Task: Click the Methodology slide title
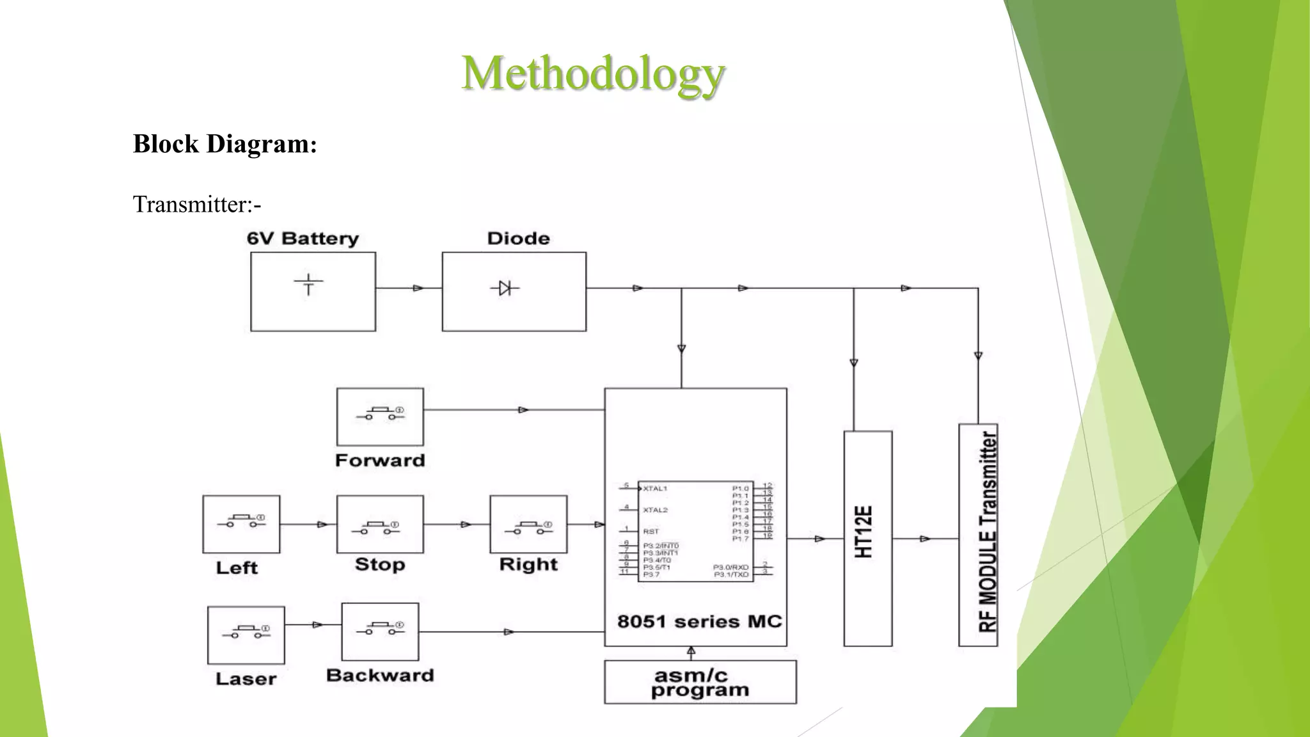(593, 74)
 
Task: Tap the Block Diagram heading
(225, 144)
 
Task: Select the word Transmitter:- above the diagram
(197, 205)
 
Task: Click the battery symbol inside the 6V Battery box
(308, 284)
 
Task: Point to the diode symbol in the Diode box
(505, 289)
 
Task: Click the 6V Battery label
(303, 239)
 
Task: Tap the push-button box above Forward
(380, 416)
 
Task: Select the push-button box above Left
(241, 524)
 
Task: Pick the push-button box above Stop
(380, 524)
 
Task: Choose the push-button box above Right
(528, 524)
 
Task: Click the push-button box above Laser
(246, 635)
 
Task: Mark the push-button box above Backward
(380, 631)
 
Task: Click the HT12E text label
(864, 532)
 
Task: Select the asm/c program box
(700, 683)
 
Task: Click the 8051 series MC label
(699, 622)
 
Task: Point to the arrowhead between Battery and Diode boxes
(418, 289)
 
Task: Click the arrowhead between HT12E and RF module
(925, 539)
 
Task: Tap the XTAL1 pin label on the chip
(655, 489)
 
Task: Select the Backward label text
(380, 676)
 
